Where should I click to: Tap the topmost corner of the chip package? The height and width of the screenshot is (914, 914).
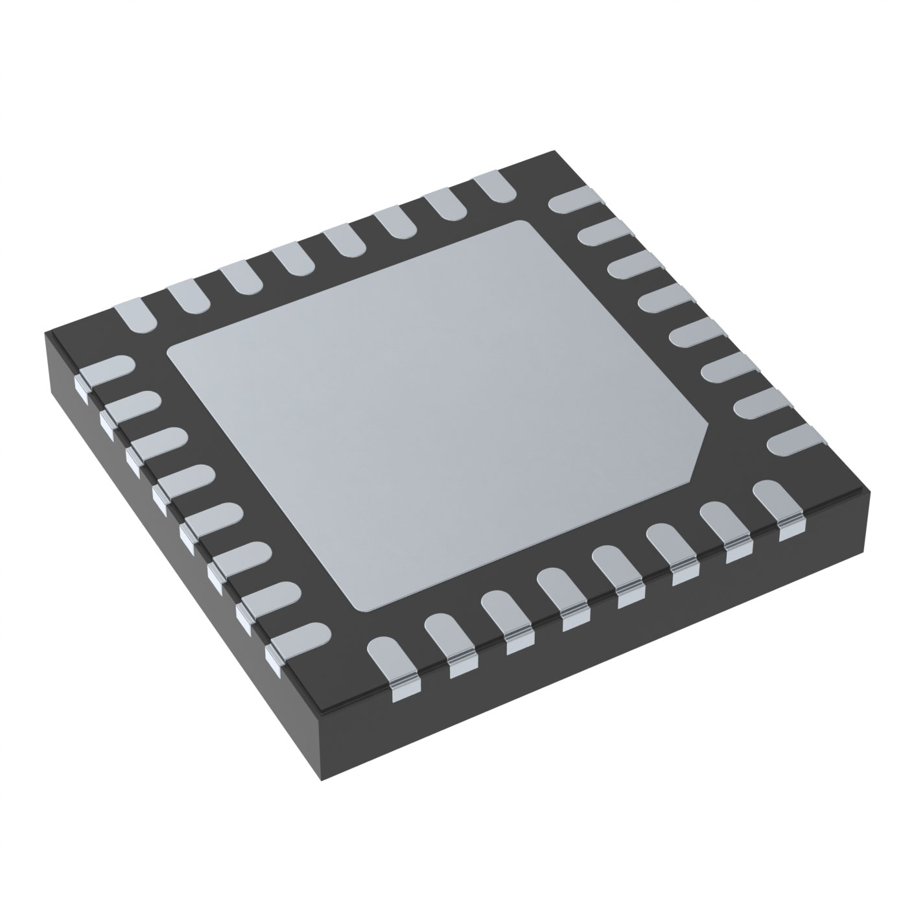554,152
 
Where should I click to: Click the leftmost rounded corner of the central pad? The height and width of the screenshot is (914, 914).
172,353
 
